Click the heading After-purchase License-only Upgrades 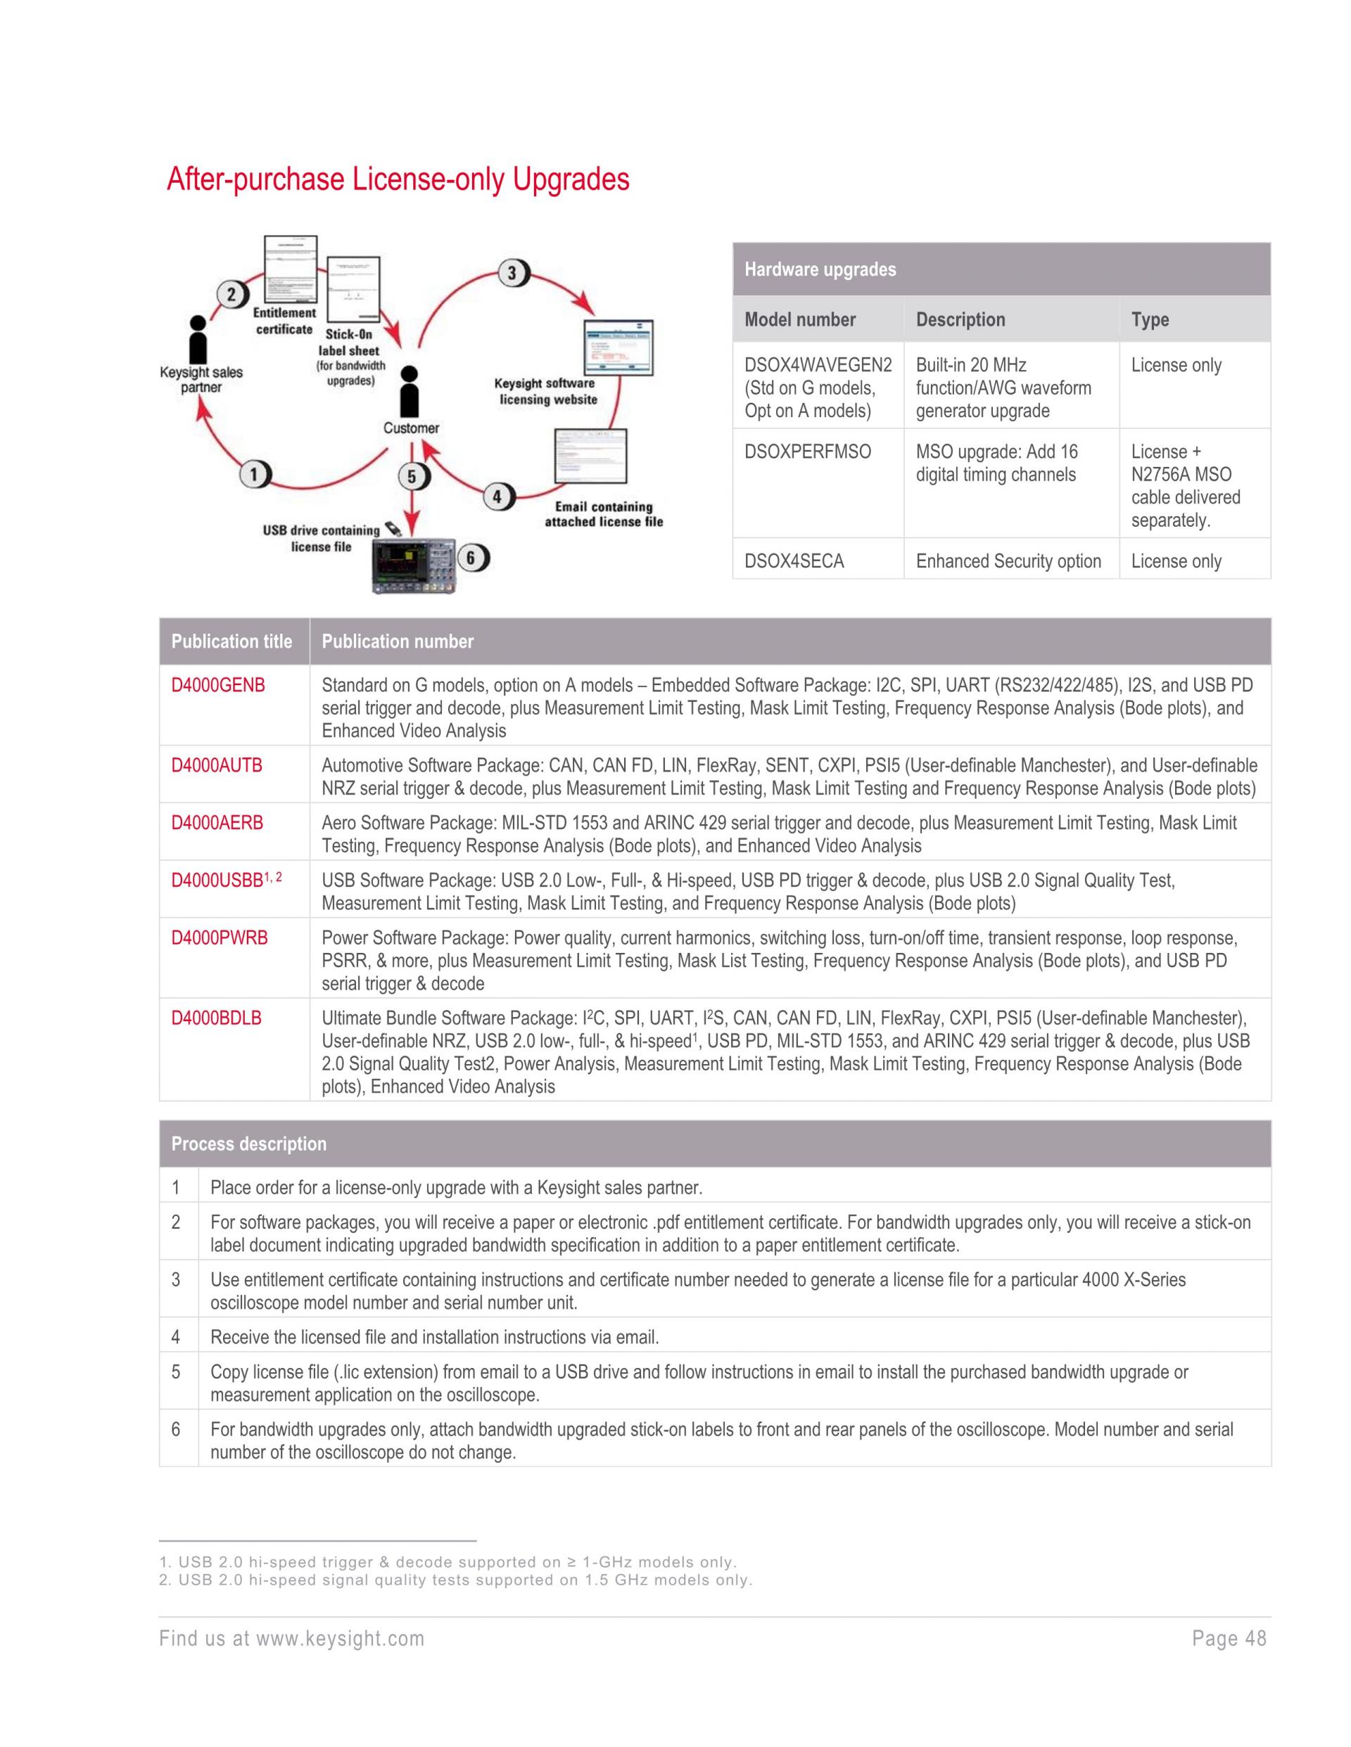398,179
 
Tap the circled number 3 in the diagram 512,274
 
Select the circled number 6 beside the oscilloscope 471,558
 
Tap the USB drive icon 393,529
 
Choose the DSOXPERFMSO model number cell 808,452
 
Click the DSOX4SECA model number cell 794,561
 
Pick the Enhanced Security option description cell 1008,561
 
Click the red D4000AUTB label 217,765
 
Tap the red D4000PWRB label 220,938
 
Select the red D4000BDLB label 216,1018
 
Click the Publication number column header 397,641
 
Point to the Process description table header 249,1144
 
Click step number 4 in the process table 176,1337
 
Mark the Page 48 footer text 1229,1639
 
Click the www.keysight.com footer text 339,1639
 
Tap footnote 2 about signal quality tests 455,1580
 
